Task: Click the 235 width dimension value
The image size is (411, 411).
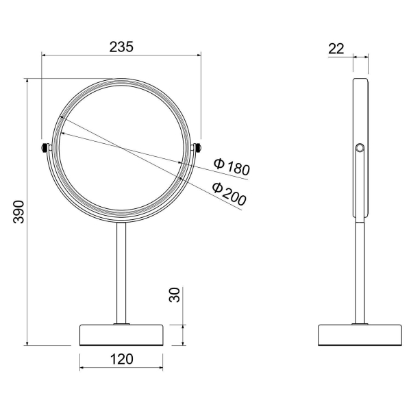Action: (121, 46)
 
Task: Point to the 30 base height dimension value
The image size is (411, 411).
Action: (175, 295)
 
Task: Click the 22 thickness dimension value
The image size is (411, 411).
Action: (336, 48)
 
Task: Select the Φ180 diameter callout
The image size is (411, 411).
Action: (231, 166)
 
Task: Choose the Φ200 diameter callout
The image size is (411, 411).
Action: (228, 194)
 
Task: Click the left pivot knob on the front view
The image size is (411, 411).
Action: (45, 147)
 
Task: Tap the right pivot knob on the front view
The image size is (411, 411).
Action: (198, 147)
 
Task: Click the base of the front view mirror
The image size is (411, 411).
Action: (121, 334)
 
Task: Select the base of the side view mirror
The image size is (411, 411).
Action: (360, 334)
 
